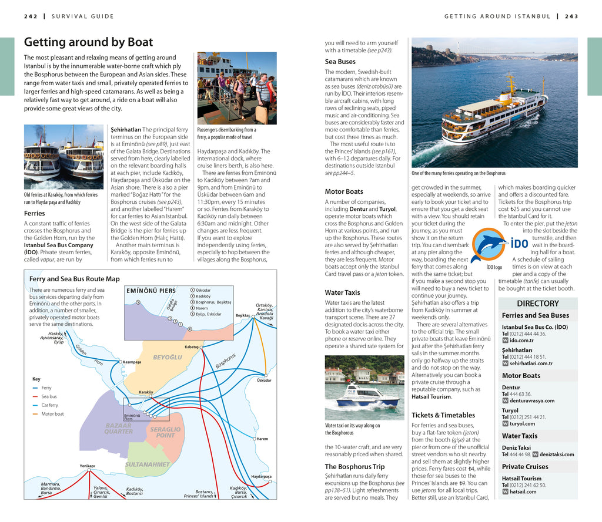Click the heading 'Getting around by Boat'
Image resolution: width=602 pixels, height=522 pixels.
pyautogui.click(x=88, y=42)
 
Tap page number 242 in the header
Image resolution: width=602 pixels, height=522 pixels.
pyautogui.click(x=31, y=16)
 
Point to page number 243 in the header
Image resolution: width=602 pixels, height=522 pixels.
pyautogui.click(x=571, y=16)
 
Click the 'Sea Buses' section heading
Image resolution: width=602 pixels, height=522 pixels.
pyautogui.click(x=340, y=61)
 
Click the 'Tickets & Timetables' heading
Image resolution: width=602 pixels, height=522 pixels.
pyautogui.click(x=443, y=415)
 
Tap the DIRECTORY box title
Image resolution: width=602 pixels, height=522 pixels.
pyautogui.click(x=537, y=304)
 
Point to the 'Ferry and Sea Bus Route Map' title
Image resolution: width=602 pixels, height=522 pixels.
pyautogui.click(x=75, y=279)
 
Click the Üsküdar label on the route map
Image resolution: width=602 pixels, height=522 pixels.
pyautogui.click(x=264, y=380)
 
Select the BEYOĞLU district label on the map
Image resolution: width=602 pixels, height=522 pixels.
pyautogui.click(x=168, y=357)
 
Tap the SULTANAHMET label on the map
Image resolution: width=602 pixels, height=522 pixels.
pyautogui.click(x=147, y=464)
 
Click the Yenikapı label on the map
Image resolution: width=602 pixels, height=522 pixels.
pyautogui.click(x=87, y=466)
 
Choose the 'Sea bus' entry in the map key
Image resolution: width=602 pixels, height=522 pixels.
pyautogui.click(x=49, y=396)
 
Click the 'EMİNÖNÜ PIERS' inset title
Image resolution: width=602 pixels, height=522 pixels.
pyautogui.click(x=151, y=290)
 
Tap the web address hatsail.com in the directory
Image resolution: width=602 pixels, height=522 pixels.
pyautogui.click(x=523, y=491)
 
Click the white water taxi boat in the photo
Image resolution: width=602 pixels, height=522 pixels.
pyautogui.click(x=366, y=394)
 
